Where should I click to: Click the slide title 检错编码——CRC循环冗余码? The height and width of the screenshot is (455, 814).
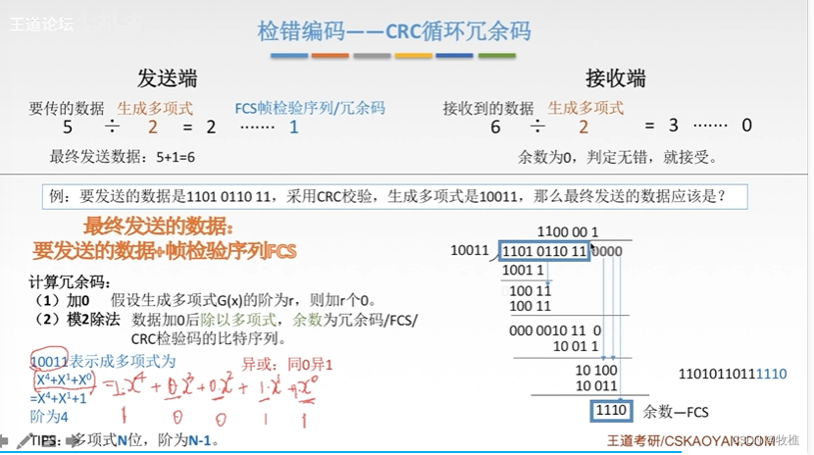coord(393,31)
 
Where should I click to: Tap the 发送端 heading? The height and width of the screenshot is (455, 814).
coord(168,78)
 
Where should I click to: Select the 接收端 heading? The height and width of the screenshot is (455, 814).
coord(616,78)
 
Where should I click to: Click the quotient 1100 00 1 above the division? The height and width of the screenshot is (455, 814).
coord(568,232)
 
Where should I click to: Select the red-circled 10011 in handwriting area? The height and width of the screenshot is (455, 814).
coord(49,360)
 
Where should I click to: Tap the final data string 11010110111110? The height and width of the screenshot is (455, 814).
coord(733,374)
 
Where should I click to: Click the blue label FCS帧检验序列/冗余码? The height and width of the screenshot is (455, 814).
coord(310,108)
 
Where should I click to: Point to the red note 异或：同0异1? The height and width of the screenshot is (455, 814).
coord(288,365)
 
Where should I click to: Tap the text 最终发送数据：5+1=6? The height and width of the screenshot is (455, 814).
coord(123,156)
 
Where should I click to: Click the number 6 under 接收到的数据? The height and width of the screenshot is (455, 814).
coord(495,126)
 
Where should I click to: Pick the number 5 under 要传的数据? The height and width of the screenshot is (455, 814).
coord(68,126)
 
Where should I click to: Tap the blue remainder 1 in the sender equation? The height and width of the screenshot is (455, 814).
coord(294,126)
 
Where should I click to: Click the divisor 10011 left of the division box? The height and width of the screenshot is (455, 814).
coord(471,250)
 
